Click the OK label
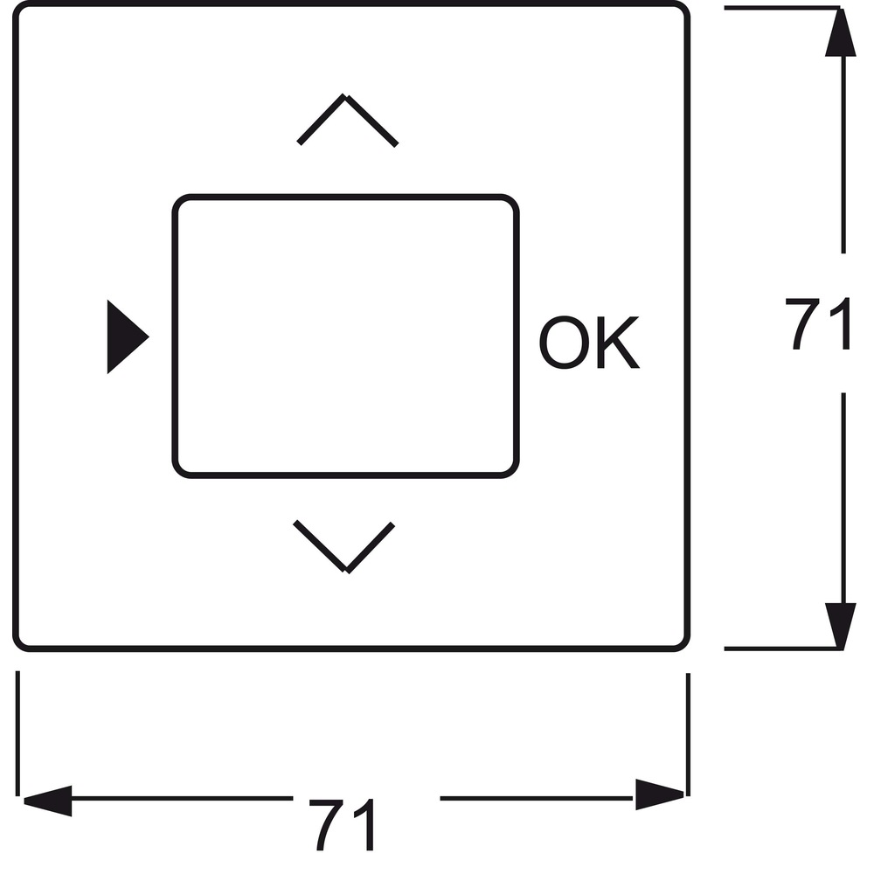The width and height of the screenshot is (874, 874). [x=589, y=343]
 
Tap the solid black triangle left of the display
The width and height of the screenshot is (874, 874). [x=125, y=336]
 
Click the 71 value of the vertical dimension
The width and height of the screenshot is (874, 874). [x=817, y=323]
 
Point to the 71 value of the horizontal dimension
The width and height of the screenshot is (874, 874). [x=341, y=824]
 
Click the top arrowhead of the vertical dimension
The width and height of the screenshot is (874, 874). [x=841, y=32]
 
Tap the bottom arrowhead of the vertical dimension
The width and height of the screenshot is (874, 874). [x=841, y=627]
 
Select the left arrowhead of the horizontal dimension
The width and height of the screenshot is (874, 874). [x=48, y=801]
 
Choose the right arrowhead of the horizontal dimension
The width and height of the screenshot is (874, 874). [x=659, y=794]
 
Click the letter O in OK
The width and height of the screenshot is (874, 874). [x=564, y=343]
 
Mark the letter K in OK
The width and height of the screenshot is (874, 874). [x=618, y=343]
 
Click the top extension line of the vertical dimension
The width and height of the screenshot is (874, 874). [x=781, y=8]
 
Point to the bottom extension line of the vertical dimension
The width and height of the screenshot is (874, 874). [x=781, y=649]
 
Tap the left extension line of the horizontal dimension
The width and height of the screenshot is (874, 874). [x=17, y=733]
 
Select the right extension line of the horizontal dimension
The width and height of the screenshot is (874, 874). [x=689, y=735]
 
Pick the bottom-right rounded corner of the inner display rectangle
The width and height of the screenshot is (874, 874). [x=510, y=470]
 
